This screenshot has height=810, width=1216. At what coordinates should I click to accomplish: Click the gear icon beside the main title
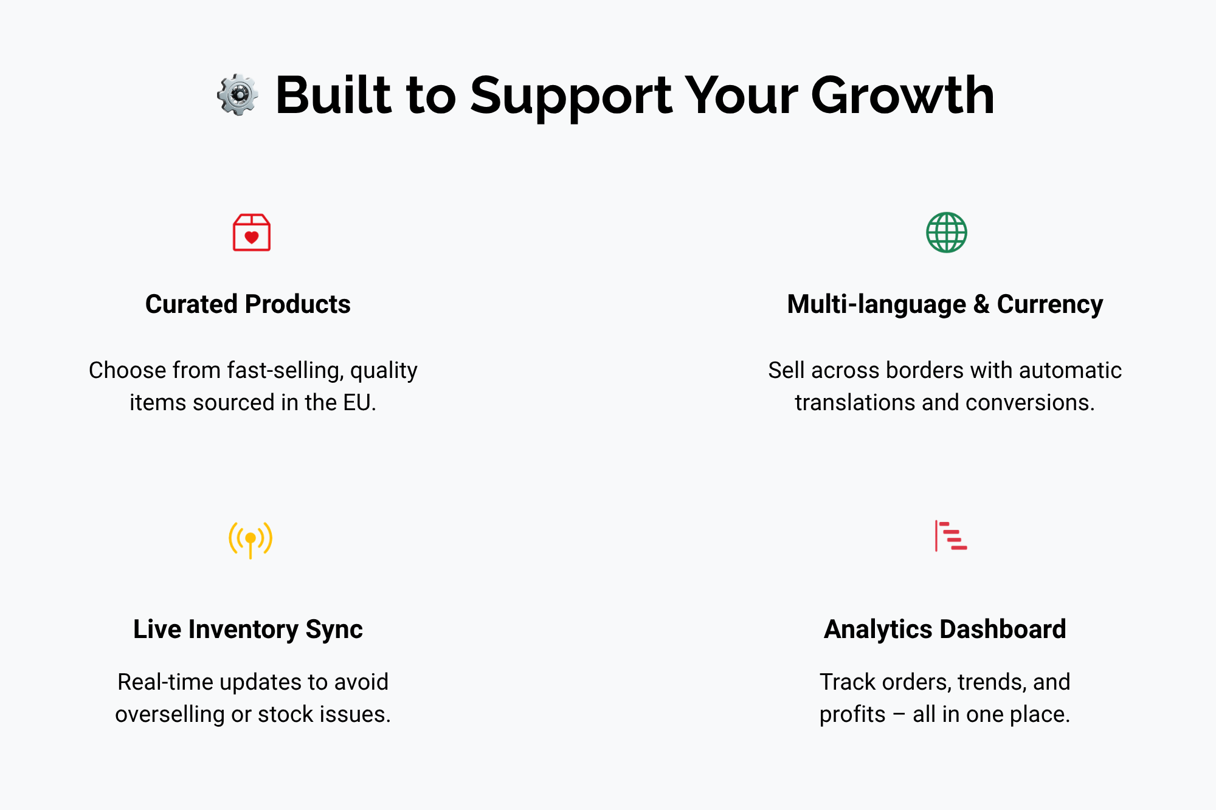pyautogui.click(x=238, y=95)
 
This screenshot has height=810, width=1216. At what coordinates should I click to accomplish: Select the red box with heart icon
pyautogui.click(x=252, y=232)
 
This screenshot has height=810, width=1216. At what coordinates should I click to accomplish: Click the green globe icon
pyautogui.click(x=947, y=232)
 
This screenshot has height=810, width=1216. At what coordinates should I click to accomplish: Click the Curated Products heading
pyautogui.click(x=248, y=304)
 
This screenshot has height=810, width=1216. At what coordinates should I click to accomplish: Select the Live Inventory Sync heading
pyautogui.click(x=248, y=630)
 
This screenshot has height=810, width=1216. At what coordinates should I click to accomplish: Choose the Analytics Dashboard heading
pyautogui.click(x=945, y=629)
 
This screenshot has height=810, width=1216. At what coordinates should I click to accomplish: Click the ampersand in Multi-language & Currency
pyautogui.click(x=981, y=304)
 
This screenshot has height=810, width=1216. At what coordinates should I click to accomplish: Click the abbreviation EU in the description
pyautogui.click(x=356, y=402)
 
